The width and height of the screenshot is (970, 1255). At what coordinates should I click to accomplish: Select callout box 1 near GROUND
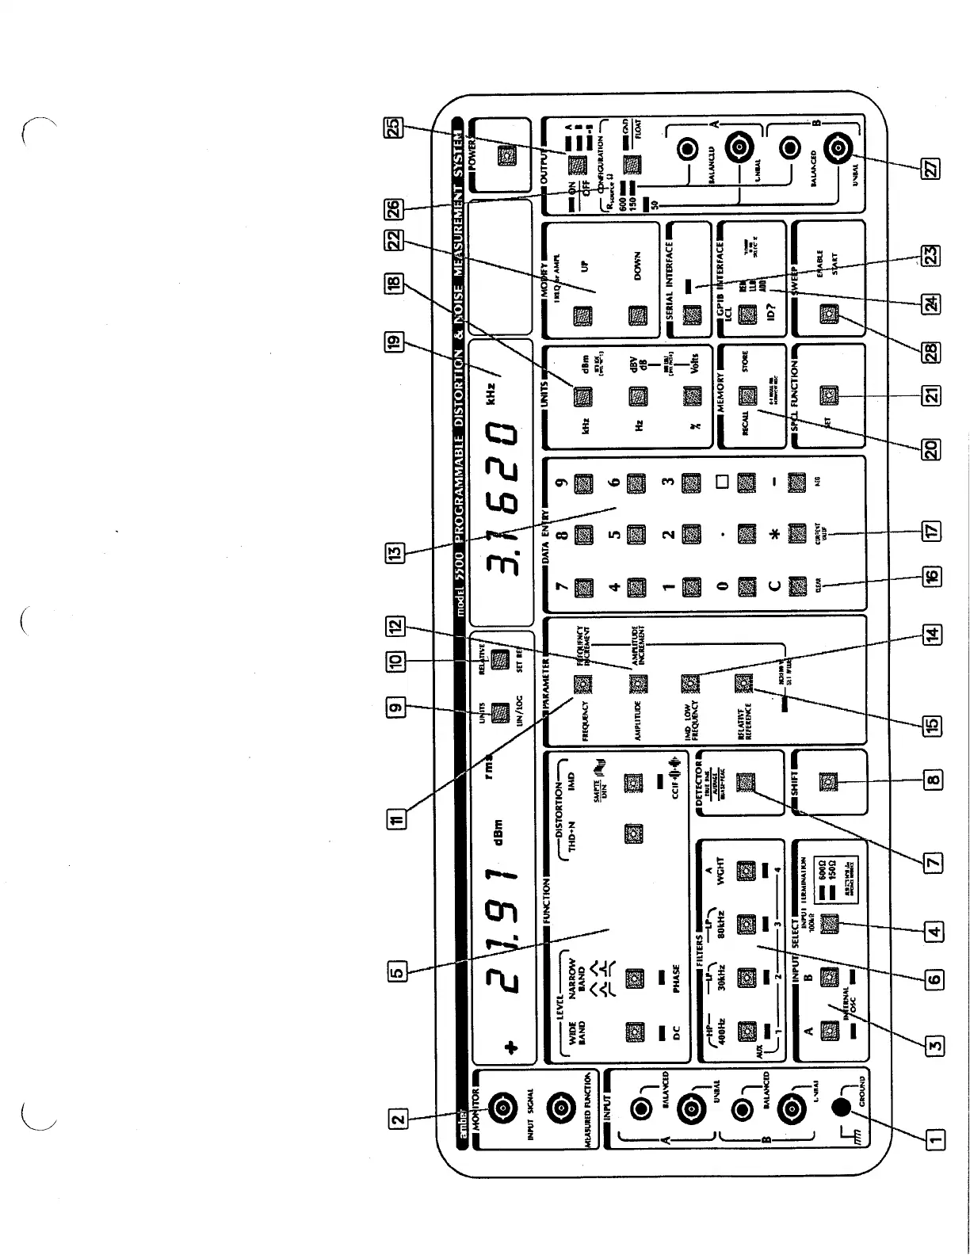point(935,1139)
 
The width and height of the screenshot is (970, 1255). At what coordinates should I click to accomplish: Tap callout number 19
point(394,343)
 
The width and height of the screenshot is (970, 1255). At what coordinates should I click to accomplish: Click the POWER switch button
point(504,158)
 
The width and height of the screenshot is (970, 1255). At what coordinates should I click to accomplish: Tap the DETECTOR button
point(745,783)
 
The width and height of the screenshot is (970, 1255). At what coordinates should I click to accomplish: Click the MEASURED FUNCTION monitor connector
point(561,1107)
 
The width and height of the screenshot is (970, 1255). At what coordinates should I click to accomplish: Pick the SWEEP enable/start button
point(829,315)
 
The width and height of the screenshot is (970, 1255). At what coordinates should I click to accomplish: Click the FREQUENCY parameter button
point(583,683)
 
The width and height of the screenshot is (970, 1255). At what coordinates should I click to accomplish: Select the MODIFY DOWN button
point(637,315)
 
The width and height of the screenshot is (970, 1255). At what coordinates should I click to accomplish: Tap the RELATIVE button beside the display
point(499,660)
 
